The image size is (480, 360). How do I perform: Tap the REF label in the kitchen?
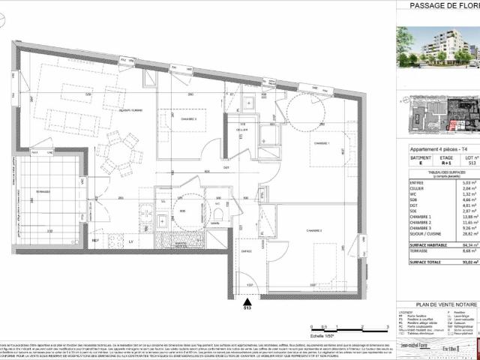coord(96,240)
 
